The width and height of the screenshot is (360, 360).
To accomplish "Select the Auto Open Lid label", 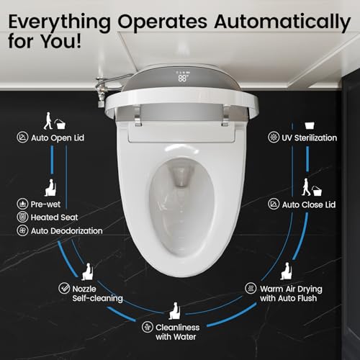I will coord(59,136).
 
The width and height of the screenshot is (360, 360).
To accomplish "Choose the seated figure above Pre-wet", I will coord(50,186).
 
